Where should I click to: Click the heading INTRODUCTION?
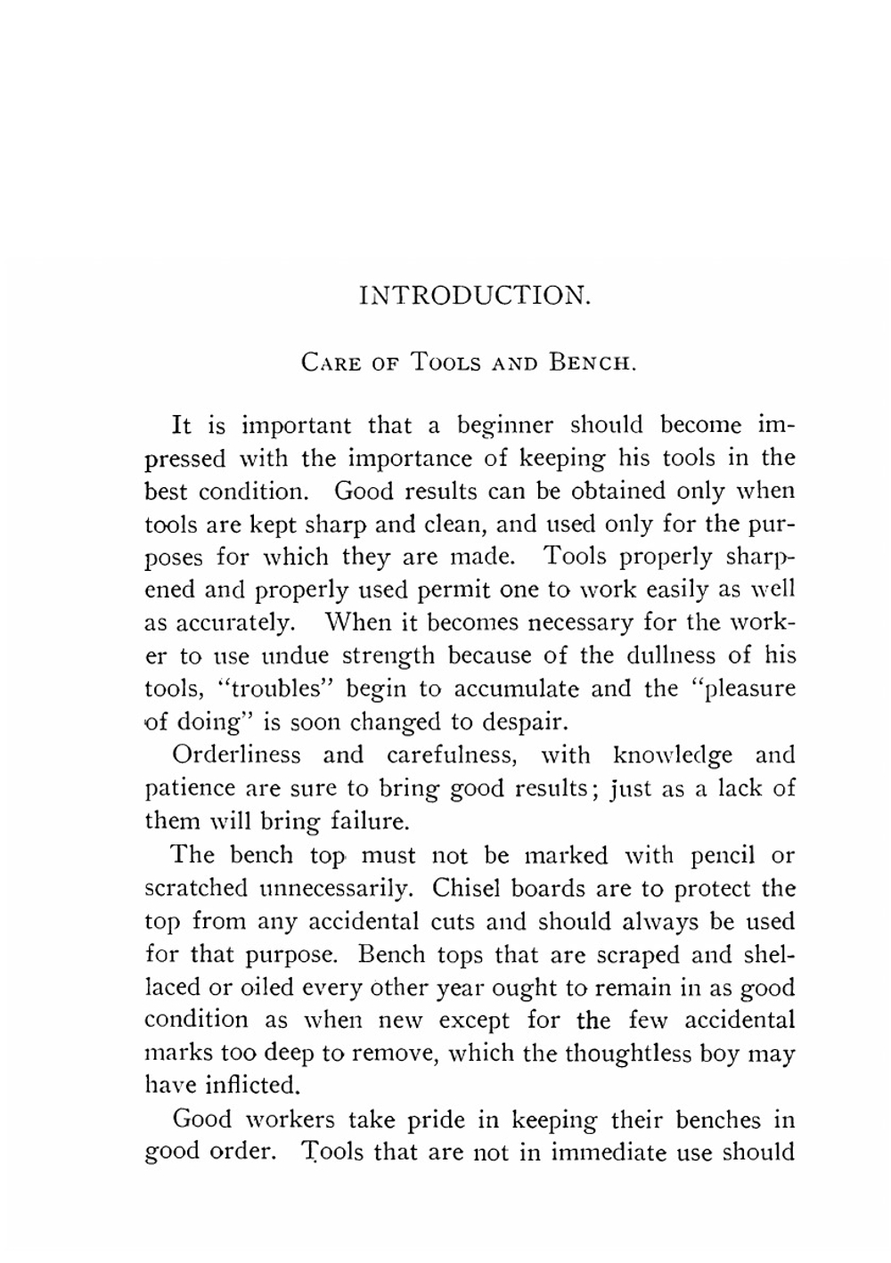474,295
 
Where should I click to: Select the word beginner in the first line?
506,426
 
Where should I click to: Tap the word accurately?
218,622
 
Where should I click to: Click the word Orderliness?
236,755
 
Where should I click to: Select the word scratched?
196,888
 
